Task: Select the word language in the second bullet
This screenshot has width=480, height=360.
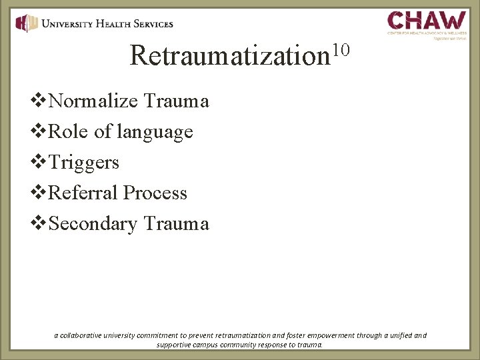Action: coord(155,133)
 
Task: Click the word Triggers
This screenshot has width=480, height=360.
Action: coord(84,162)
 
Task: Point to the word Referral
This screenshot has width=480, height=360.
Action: coord(84,193)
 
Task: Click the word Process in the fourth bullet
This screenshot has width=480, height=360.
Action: coord(156,193)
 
